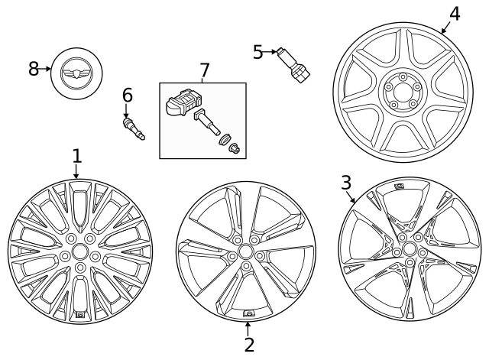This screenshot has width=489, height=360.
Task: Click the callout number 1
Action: (76, 157)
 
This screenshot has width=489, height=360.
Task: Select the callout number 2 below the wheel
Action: (249, 344)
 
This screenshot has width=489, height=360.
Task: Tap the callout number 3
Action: (346, 183)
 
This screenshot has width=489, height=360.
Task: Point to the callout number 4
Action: (455, 14)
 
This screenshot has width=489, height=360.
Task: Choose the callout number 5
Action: (257, 52)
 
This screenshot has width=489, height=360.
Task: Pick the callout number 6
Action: (127, 96)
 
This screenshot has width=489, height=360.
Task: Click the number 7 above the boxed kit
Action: (204, 70)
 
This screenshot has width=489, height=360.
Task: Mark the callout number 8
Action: (34, 69)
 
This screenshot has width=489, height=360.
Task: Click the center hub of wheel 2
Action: (245, 251)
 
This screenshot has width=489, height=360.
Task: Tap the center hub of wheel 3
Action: (410, 249)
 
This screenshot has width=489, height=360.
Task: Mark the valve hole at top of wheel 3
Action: (399, 186)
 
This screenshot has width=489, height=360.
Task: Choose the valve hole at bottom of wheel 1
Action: (79, 315)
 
